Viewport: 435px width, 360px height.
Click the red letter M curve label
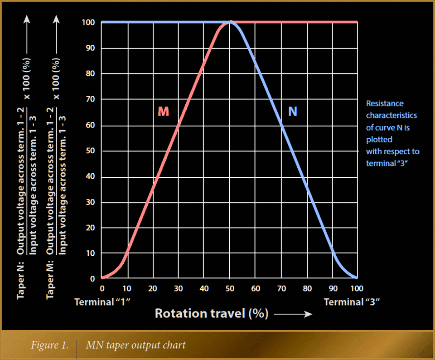163,112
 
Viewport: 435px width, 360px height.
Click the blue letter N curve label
293,112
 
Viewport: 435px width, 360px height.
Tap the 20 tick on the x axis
153,288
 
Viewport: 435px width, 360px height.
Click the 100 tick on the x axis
357,288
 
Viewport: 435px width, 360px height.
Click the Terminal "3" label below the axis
352,302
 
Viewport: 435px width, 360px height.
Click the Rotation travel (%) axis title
212,313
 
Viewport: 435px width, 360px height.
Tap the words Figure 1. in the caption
50,345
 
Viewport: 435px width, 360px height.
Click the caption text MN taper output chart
136,345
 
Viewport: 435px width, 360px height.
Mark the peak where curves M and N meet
230,22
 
